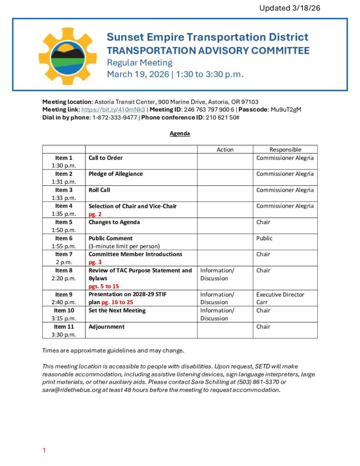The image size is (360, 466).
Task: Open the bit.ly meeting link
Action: coord(113,110)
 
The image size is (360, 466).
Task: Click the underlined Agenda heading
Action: coord(180,134)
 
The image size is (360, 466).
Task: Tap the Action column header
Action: coord(225,149)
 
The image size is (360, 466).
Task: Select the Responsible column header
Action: coord(285,149)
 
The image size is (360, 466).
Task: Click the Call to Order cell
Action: coord(106,158)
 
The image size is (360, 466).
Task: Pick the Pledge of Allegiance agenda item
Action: coord(116,174)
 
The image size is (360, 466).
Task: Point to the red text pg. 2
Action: coord(95,214)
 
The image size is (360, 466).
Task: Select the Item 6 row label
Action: coord(64,238)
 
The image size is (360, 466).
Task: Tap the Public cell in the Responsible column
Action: coord(264,238)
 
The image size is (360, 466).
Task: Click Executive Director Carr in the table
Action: coord(280,298)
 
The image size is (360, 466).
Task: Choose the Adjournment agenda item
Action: coord(106,326)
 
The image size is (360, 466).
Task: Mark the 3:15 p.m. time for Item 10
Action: coord(64,319)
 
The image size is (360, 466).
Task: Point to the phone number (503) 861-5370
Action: coord(257,382)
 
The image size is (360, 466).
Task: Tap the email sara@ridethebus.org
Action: coord(72,390)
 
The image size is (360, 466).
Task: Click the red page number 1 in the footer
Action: coord(44,451)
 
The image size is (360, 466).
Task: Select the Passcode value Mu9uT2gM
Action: coord(286,110)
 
